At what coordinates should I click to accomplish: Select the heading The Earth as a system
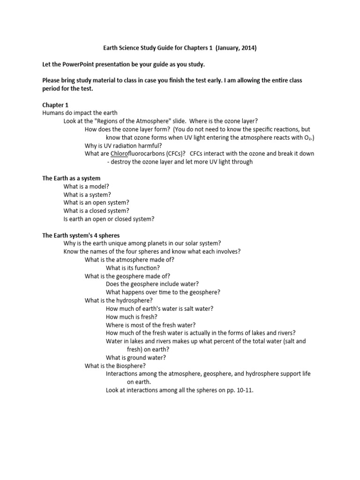[x=71, y=178]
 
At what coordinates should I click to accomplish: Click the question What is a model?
[x=86, y=186]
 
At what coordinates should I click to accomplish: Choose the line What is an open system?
[x=97, y=202]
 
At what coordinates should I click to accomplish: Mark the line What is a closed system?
[x=96, y=211]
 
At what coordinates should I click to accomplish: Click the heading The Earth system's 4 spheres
[x=84, y=235]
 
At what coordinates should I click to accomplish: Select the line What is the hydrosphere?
[x=119, y=300]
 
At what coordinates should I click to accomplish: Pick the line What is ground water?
[x=136, y=358]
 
